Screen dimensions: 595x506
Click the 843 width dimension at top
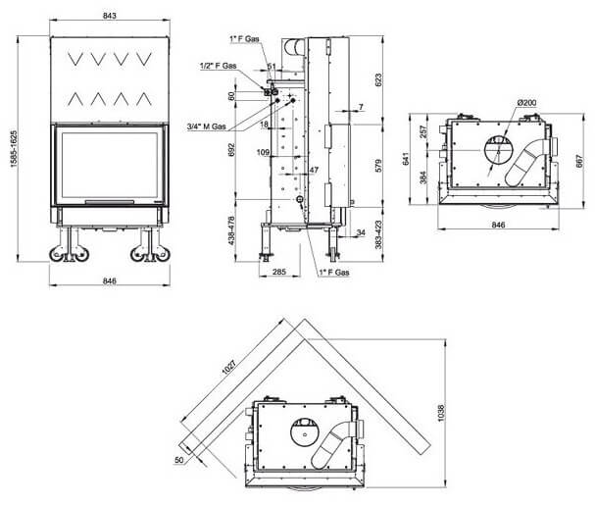pos(109,16)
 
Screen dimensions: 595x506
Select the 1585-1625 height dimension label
pos(14,149)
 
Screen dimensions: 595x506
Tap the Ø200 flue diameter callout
pos(526,103)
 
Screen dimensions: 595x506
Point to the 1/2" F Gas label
pos(218,66)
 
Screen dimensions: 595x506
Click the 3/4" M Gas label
pos(206,126)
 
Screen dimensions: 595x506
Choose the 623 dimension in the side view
pos(378,80)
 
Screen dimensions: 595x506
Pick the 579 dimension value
pos(378,166)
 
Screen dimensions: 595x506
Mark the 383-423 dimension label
pos(378,234)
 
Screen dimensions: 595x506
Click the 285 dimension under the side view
pos(279,272)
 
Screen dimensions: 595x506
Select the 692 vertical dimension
pos(232,150)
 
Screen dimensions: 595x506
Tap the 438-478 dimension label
pos(232,230)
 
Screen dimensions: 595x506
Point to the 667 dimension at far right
pos(579,161)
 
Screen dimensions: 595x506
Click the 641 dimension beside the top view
pos(406,159)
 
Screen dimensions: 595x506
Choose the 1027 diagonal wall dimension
pos(229,367)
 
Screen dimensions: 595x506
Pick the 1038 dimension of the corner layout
pos(440,413)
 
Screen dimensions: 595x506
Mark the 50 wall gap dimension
pos(178,460)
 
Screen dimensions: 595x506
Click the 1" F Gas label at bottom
pos(334,273)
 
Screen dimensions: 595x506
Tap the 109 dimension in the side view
pos(263,153)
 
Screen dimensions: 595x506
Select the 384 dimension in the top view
pos(423,177)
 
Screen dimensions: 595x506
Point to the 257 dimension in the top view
pos(423,131)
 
